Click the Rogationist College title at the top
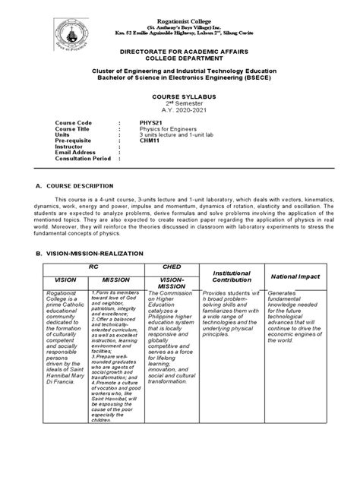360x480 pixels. (179, 8)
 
